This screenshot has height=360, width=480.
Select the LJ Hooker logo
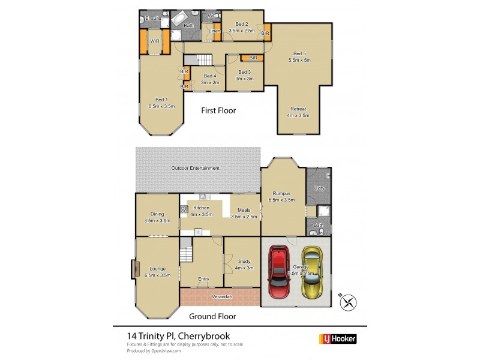click(338, 339)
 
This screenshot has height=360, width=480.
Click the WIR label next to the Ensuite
click(155, 41)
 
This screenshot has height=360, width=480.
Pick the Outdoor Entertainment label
click(196, 168)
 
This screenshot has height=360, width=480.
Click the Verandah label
click(222, 296)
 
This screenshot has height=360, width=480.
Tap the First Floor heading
click(218, 110)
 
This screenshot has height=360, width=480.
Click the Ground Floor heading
click(212, 316)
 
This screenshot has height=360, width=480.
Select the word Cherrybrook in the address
click(205, 336)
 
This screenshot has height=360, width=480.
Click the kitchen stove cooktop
click(185, 210)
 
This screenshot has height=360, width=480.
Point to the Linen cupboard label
click(214, 31)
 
